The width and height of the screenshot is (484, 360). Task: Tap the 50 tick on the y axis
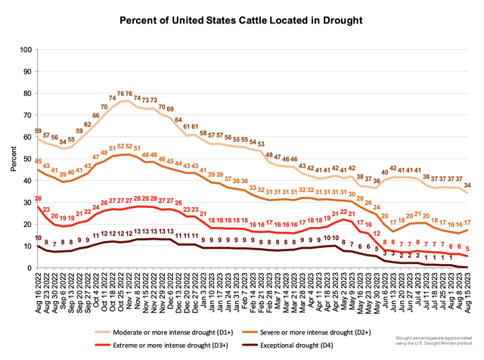(27, 159)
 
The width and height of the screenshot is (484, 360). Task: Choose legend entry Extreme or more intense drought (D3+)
(158, 345)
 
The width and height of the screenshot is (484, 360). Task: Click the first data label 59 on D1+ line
(38, 130)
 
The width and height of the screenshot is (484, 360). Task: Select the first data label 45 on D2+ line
(38, 160)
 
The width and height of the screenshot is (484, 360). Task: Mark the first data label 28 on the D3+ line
(38, 198)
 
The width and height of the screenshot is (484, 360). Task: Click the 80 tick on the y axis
(27, 93)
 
